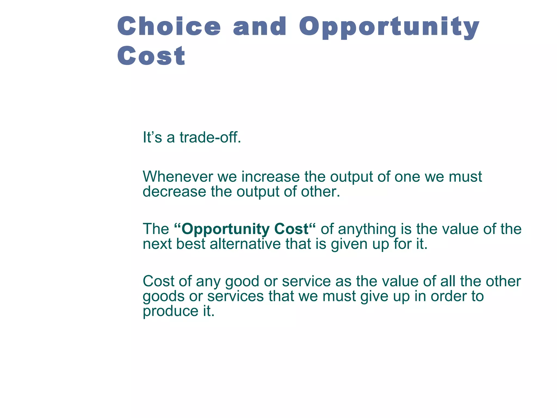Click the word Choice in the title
tap(169, 26)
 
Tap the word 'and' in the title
tap(260, 26)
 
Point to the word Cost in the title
tap(151, 56)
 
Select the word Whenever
tap(178, 177)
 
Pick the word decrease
tap(174, 192)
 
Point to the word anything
tap(367, 229)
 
